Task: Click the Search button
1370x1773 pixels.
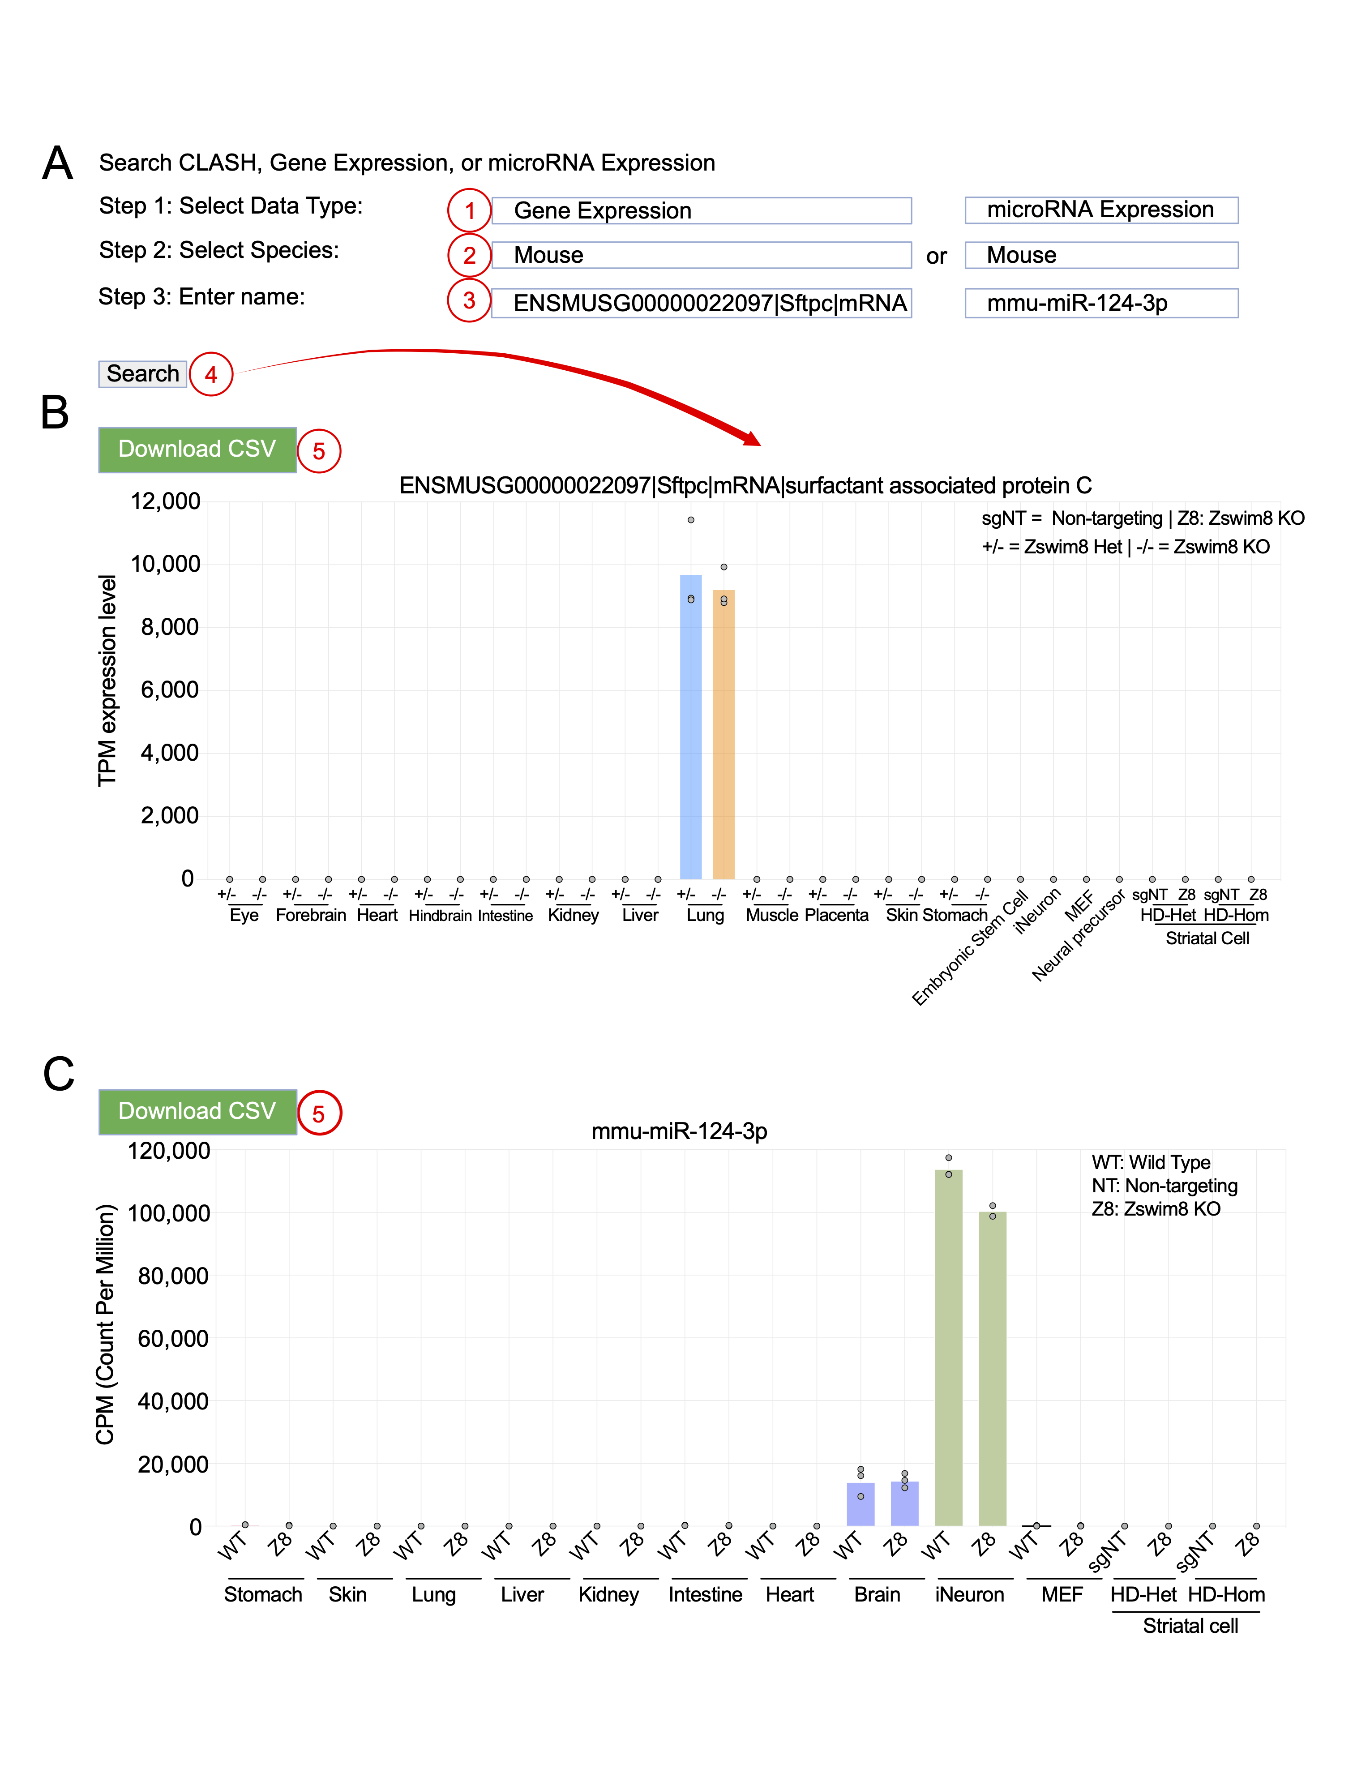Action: tap(143, 374)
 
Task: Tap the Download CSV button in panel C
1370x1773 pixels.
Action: tap(197, 1111)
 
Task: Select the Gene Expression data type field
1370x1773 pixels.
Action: tap(701, 211)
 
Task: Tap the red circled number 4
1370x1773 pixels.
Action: tap(211, 374)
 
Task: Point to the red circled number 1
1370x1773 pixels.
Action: tap(469, 211)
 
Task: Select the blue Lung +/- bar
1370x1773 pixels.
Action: tap(691, 731)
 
